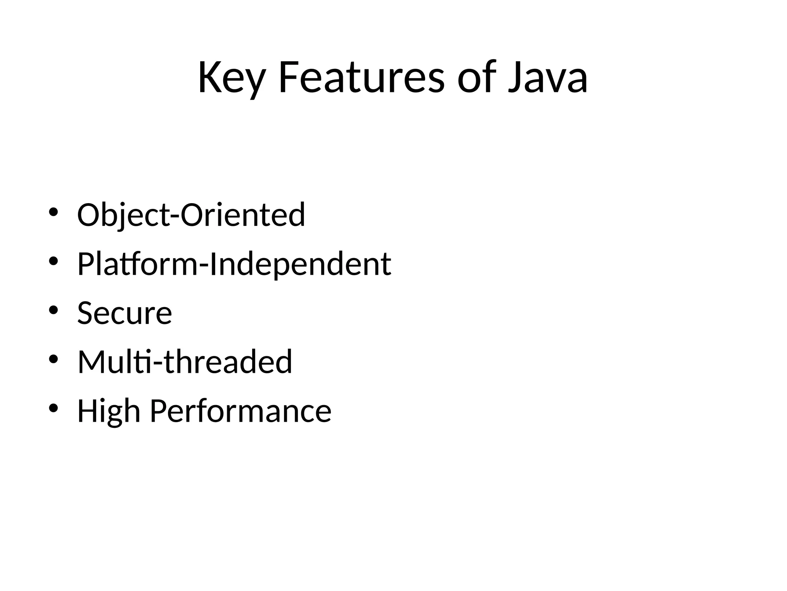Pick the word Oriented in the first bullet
pos(242,215)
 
